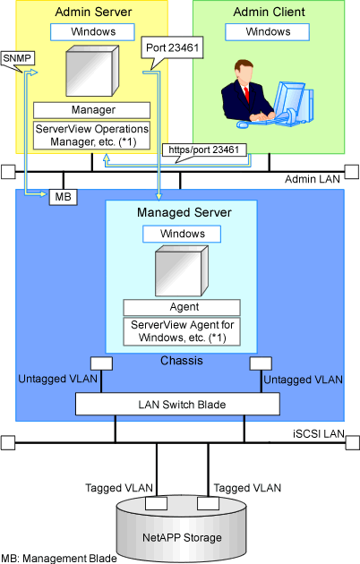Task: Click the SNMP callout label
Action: point(17,58)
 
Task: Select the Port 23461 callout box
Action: point(172,47)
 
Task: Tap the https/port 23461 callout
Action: point(204,150)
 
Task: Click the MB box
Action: point(63,197)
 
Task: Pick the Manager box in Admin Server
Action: point(91,110)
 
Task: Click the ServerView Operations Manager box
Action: point(91,135)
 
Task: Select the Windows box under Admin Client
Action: point(267,32)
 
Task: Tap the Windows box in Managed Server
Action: point(182,235)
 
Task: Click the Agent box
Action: point(182,308)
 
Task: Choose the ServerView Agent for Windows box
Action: point(182,331)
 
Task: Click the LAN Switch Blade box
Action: point(177,404)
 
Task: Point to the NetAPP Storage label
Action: point(182,538)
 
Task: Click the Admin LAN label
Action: point(313,179)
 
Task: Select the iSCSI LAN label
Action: point(319,434)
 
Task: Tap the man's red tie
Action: point(246,94)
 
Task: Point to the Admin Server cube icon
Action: point(92,71)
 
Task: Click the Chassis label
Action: point(182,361)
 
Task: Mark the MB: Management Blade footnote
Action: point(59,559)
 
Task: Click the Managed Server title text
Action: point(184,212)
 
